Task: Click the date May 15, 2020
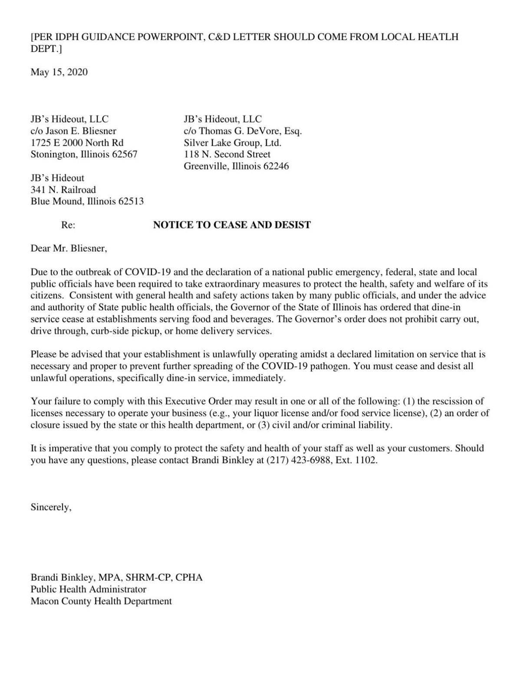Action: tap(59, 72)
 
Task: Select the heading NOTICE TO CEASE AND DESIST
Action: tap(232, 225)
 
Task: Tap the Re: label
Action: tap(68, 225)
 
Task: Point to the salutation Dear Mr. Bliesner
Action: tap(68, 248)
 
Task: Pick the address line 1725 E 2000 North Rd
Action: tap(77, 142)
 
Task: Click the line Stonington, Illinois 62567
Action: tap(84, 154)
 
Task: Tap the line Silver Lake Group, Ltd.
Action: tap(233, 142)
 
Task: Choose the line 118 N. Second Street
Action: tap(227, 154)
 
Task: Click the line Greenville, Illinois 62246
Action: tap(236, 166)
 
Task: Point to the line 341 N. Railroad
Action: tap(63, 190)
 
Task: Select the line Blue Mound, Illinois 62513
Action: tap(87, 202)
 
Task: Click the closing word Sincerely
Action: tap(51, 507)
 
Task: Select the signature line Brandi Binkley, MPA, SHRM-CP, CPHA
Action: tap(116, 578)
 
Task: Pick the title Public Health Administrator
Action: tap(88, 589)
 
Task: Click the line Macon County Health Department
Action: tap(101, 601)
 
